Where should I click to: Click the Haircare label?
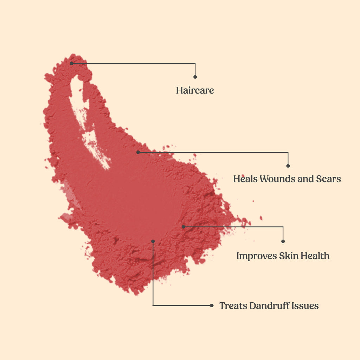click(x=195, y=90)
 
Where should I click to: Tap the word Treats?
click(x=233, y=306)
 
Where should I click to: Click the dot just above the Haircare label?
click(x=195, y=77)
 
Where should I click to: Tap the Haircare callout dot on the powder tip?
click(x=71, y=63)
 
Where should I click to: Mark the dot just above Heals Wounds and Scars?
click(x=288, y=166)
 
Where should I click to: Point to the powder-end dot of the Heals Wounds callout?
click(x=138, y=152)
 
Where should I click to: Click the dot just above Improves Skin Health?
click(x=283, y=241)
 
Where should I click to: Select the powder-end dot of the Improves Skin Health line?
click(x=183, y=227)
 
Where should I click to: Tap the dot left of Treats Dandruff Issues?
click(x=212, y=306)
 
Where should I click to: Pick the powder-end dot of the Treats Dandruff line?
click(x=153, y=241)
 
